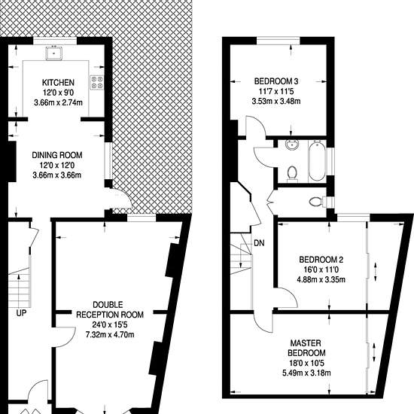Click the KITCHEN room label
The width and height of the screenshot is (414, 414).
pyautogui.click(x=58, y=83)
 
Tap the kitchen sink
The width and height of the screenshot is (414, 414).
pyautogui.click(x=54, y=53)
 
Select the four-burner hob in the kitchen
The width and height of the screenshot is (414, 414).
pyautogui.click(x=96, y=82)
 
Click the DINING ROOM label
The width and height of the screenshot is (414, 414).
pyautogui.click(x=57, y=155)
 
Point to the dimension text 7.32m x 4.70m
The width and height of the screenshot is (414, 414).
pyautogui.click(x=110, y=335)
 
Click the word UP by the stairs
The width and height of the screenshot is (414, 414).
pyautogui.click(x=21, y=313)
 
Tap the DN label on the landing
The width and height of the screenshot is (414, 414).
pyautogui.click(x=259, y=243)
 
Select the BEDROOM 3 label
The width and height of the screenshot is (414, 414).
pyautogui.click(x=276, y=81)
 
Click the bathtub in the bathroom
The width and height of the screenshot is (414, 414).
pyautogui.click(x=317, y=161)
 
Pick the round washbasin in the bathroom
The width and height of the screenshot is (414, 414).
pyautogui.click(x=292, y=145)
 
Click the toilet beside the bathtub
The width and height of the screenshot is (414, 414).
pyautogui.click(x=292, y=174)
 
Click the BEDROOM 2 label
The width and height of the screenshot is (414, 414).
pyautogui.click(x=321, y=260)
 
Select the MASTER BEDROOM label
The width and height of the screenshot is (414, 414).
pyautogui.click(x=306, y=348)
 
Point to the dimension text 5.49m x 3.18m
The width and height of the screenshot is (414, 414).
pyautogui.click(x=306, y=373)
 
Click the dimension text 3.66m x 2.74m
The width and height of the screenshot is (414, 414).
pyautogui.click(x=58, y=102)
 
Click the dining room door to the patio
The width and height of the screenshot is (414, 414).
pyautogui.click(x=121, y=199)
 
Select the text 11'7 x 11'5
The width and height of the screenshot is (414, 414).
pyautogui.click(x=276, y=91)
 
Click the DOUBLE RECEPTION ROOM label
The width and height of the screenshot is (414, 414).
pyautogui.click(x=110, y=309)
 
